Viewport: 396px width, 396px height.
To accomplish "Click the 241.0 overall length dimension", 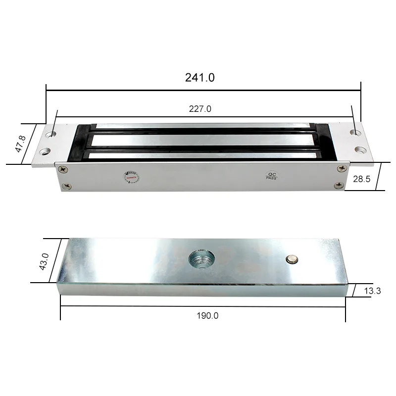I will click(x=200, y=78).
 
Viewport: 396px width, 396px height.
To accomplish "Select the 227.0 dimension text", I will click(x=200, y=109).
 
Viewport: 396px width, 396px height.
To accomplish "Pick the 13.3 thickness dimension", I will click(x=372, y=291).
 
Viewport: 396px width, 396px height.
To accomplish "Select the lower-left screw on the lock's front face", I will click(x=65, y=186).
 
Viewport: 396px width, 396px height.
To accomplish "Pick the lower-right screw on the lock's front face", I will click(x=338, y=185).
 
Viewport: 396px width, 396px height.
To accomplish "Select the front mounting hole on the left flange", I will click(x=46, y=150).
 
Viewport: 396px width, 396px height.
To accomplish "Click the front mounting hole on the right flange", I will click(x=359, y=150).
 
